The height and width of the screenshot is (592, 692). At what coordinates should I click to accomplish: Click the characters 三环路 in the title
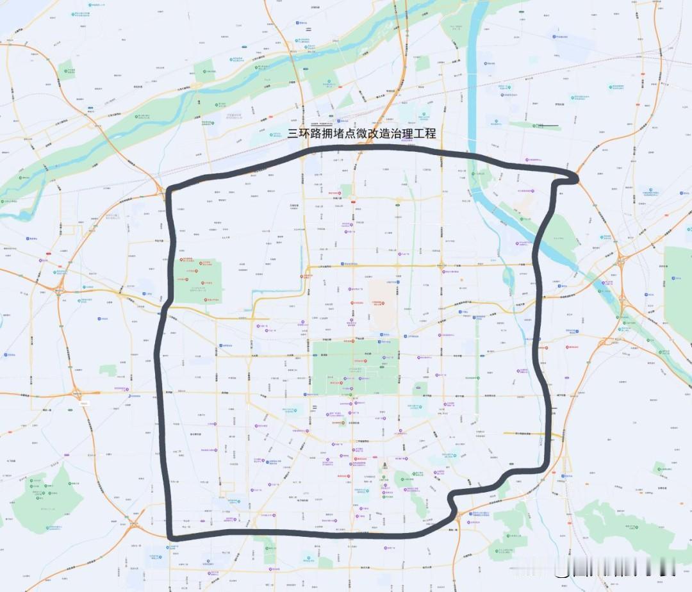(302, 134)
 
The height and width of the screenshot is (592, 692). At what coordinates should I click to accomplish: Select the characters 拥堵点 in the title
(339, 134)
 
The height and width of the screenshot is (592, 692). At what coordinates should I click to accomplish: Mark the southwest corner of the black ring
(170, 536)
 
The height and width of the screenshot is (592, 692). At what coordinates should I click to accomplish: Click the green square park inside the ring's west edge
(197, 281)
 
